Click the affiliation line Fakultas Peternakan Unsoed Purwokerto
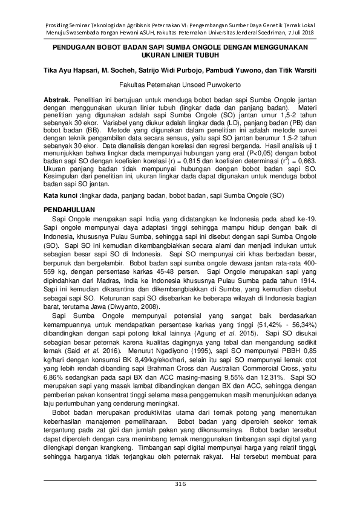point(180,85)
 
